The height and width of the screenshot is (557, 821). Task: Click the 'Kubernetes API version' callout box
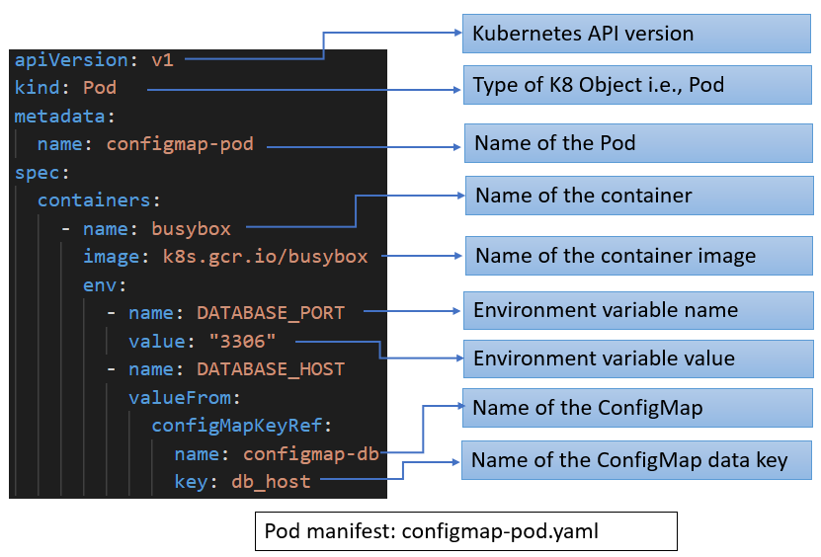636,34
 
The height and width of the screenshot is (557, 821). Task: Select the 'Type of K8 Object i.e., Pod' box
637,86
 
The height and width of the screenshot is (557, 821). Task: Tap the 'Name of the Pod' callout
637,143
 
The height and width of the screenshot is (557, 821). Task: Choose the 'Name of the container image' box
637,256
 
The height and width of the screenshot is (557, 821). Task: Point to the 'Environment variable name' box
637,310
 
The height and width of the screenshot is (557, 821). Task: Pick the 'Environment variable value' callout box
637,358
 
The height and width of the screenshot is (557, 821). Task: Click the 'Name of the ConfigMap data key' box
637,461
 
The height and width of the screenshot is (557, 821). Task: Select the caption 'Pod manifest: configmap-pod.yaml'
465,531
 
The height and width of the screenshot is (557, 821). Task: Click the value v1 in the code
162,59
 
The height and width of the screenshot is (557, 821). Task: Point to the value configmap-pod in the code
179,144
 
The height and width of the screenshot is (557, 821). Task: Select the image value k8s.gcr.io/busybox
265,257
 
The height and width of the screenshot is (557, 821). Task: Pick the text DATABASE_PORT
271,313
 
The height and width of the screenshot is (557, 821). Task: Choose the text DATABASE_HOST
271,369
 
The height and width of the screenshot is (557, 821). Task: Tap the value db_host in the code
271,482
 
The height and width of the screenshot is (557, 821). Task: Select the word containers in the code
94,200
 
